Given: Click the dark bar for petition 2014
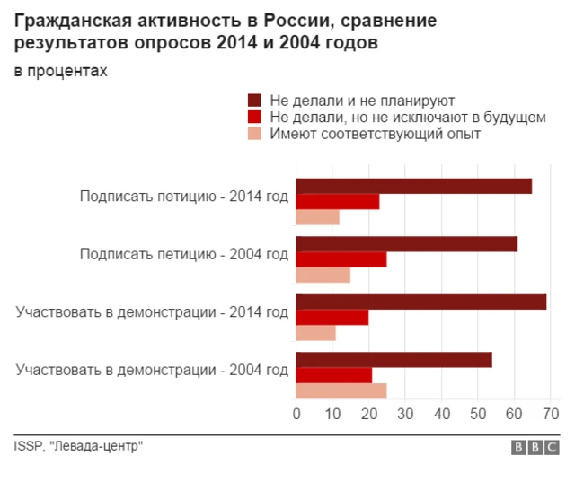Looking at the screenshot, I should pyautogui.click(x=413, y=186).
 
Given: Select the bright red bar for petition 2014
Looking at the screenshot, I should pyautogui.click(x=338, y=201).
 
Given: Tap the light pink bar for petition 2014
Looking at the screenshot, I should pyautogui.click(x=318, y=216).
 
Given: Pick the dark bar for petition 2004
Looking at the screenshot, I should pyautogui.click(x=406, y=243).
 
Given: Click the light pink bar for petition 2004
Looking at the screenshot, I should pyautogui.click(x=323, y=275).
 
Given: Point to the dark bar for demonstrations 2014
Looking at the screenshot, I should pyautogui.click(x=420, y=302).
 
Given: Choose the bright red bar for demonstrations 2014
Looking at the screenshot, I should pyautogui.click(x=332, y=317).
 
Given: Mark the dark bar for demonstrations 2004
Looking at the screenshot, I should pyautogui.click(x=394, y=360).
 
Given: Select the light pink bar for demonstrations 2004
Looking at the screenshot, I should pyautogui.click(x=341, y=390).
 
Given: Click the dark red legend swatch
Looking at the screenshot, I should pyautogui.click(x=253, y=101).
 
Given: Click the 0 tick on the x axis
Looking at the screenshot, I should pyautogui.click(x=296, y=414).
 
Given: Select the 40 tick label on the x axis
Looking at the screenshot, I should pyautogui.click(x=441, y=414).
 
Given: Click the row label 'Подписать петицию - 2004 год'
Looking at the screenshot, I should pyautogui.click(x=184, y=254).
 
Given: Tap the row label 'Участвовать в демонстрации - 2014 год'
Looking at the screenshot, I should pyautogui.click(x=152, y=312).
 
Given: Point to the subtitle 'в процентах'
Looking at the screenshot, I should pyautogui.click(x=60, y=72).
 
